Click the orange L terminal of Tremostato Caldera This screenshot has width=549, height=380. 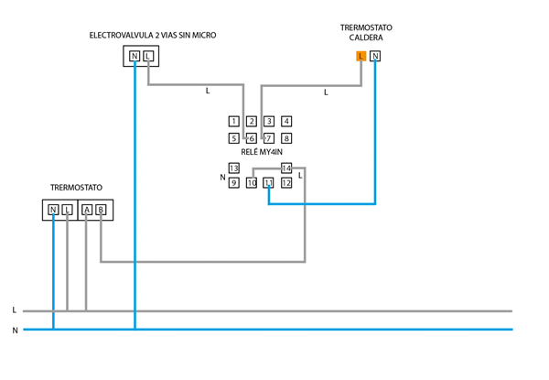pyautogui.click(x=361, y=56)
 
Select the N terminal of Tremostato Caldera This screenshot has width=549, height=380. pyautogui.click(x=375, y=56)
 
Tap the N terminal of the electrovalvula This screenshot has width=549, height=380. pyautogui.click(x=135, y=57)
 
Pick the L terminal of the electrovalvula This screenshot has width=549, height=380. pyautogui.click(x=148, y=57)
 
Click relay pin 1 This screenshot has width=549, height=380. pyautogui.click(x=234, y=121)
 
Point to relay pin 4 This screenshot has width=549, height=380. pyautogui.click(x=286, y=121)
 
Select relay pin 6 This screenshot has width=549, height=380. pyautogui.click(x=252, y=138)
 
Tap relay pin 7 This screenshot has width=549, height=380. pyautogui.click(x=269, y=138)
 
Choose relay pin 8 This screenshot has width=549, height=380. pyautogui.click(x=286, y=138)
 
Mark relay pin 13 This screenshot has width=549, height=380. pyautogui.click(x=234, y=168)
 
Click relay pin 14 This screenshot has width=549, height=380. pyautogui.click(x=286, y=168)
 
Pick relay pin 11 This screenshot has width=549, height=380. pyautogui.click(x=269, y=183)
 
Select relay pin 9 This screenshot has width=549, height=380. pyautogui.click(x=234, y=183)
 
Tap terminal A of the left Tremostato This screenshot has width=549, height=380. pyautogui.click(x=87, y=210)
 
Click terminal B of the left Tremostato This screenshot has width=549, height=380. pyautogui.click(x=101, y=210)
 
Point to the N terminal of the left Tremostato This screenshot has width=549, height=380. pyautogui.click(x=53, y=210)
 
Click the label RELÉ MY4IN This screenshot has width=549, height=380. pyautogui.click(x=262, y=153)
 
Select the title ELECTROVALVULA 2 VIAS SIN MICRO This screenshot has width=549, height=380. pyautogui.click(x=153, y=36)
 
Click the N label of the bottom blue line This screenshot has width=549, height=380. pyautogui.click(x=15, y=331)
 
